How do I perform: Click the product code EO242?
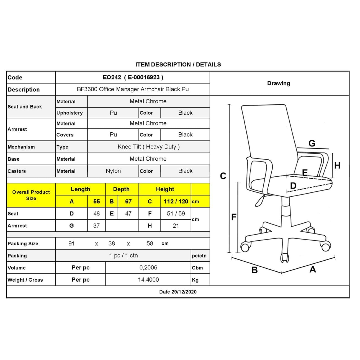click(112, 78)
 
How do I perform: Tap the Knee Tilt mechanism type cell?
click(148, 147)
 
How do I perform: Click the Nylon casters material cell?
click(113, 171)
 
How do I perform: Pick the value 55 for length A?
click(96, 202)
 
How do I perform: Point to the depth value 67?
click(128, 202)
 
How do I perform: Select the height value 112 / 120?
click(176, 202)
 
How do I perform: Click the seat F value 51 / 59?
click(176, 214)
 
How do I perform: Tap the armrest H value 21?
click(176, 226)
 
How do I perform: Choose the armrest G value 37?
click(96, 226)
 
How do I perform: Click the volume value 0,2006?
click(148, 268)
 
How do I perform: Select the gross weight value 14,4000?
click(148, 280)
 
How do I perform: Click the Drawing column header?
click(279, 83)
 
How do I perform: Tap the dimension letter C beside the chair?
click(223, 176)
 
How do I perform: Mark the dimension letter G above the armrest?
click(312, 143)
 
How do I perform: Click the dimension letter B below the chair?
click(254, 270)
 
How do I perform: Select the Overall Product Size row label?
click(31, 195)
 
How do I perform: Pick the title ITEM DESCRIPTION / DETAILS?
click(178, 65)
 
